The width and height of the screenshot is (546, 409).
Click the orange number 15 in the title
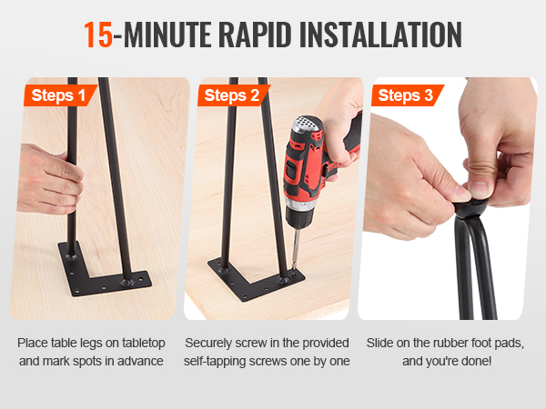(98, 35)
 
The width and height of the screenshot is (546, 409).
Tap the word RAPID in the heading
(255, 35)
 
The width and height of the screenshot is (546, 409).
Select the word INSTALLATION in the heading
(380, 35)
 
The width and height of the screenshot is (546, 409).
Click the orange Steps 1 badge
(60, 95)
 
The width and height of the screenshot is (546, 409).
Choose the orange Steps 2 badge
(233, 95)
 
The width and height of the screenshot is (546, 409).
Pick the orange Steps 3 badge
(407, 95)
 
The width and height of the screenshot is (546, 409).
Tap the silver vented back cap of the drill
(307, 125)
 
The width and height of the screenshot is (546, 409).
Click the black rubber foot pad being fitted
(470, 207)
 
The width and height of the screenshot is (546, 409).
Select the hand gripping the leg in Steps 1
(49, 180)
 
